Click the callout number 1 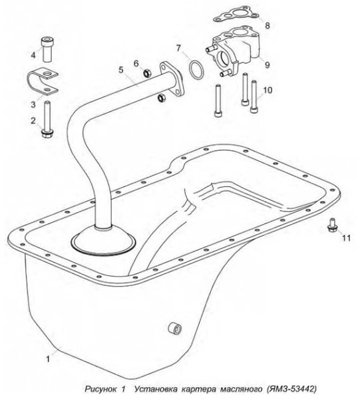[48, 359]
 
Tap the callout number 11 [346, 238]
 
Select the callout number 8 [268, 26]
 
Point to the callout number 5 [121, 70]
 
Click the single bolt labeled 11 [332, 225]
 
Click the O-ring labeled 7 [196, 70]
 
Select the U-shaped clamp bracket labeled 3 [43, 81]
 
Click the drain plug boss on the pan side [175, 328]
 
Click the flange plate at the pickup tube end [172, 79]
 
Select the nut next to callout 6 [147, 73]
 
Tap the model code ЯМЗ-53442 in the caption [291, 389]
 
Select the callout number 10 [268, 90]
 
